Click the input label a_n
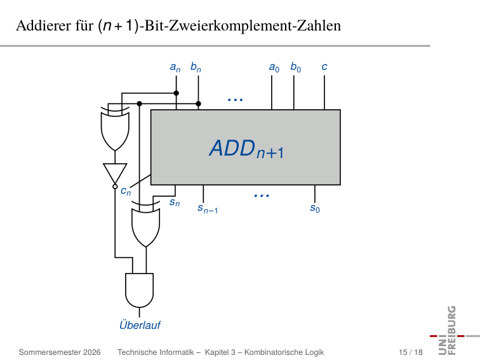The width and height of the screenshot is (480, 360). (x=175, y=67)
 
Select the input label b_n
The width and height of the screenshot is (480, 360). (x=196, y=67)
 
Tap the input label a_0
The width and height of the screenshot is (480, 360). (x=274, y=67)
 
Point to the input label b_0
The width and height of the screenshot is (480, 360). (x=295, y=67)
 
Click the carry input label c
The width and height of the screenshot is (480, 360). (x=324, y=67)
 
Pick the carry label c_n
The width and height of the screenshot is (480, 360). (x=126, y=191)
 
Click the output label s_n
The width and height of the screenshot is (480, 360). (x=175, y=203)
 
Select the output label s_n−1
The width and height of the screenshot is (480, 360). (x=208, y=208)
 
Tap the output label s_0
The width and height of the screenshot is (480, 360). (x=315, y=208)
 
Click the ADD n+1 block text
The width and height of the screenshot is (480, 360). (x=247, y=149)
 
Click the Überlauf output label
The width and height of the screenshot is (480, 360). (x=140, y=325)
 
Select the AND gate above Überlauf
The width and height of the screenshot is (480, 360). (x=139, y=290)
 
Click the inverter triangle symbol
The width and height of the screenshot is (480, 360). (x=115, y=173)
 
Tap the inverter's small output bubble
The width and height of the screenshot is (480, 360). (x=115, y=187)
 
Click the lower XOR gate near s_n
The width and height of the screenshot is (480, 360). (x=146, y=224)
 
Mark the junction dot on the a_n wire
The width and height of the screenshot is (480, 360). (x=177, y=93)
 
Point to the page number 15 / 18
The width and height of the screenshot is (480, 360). (x=411, y=352)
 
